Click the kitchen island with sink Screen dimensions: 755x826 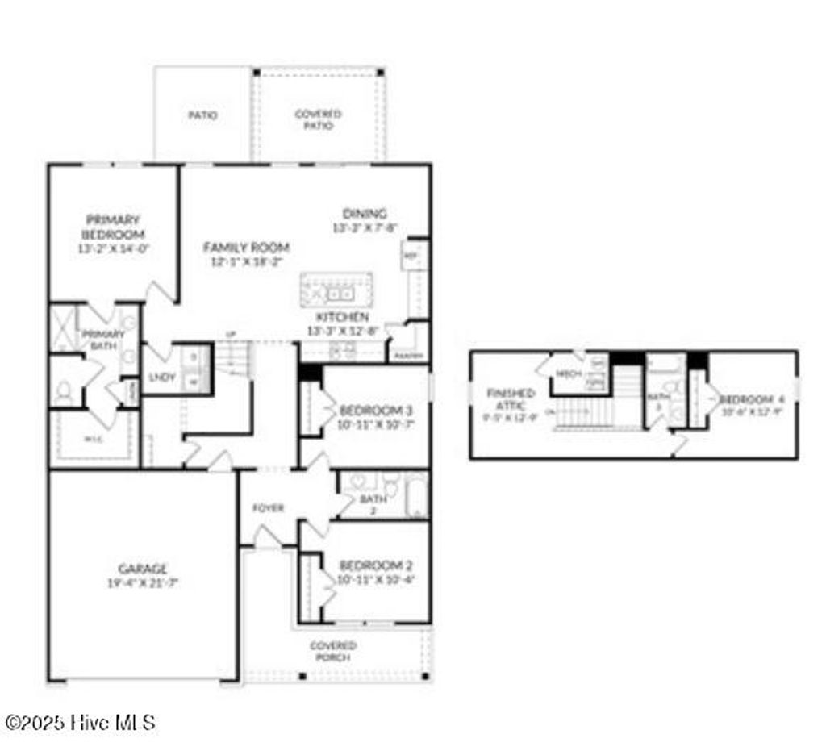[x=336, y=290]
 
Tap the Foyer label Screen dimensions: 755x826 [x=268, y=508]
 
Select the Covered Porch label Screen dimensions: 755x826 [x=333, y=651]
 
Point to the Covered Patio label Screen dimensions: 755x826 [x=318, y=119]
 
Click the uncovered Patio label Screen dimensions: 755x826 [x=202, y=115]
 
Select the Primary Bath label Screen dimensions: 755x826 [x=102, y=340]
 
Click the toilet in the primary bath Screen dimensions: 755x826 [x=64, y=392]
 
